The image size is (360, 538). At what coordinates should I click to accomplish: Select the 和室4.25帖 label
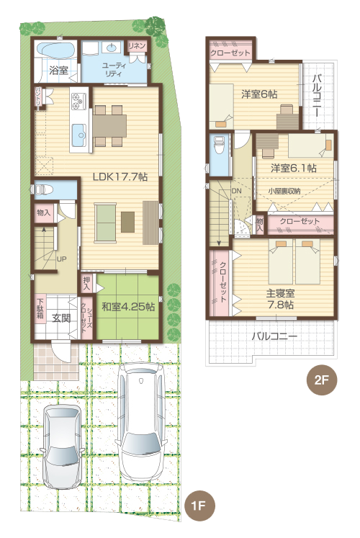(x=127, y=306)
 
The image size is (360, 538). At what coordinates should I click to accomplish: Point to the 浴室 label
(x=58, y=71)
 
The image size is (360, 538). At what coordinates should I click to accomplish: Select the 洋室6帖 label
(x=259, y=92)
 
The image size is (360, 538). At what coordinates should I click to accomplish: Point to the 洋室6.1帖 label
(x=293, y=167)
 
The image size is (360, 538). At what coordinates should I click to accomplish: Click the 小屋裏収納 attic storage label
(x=284, y=191)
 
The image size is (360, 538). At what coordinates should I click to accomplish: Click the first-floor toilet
(x=43, y=189)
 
